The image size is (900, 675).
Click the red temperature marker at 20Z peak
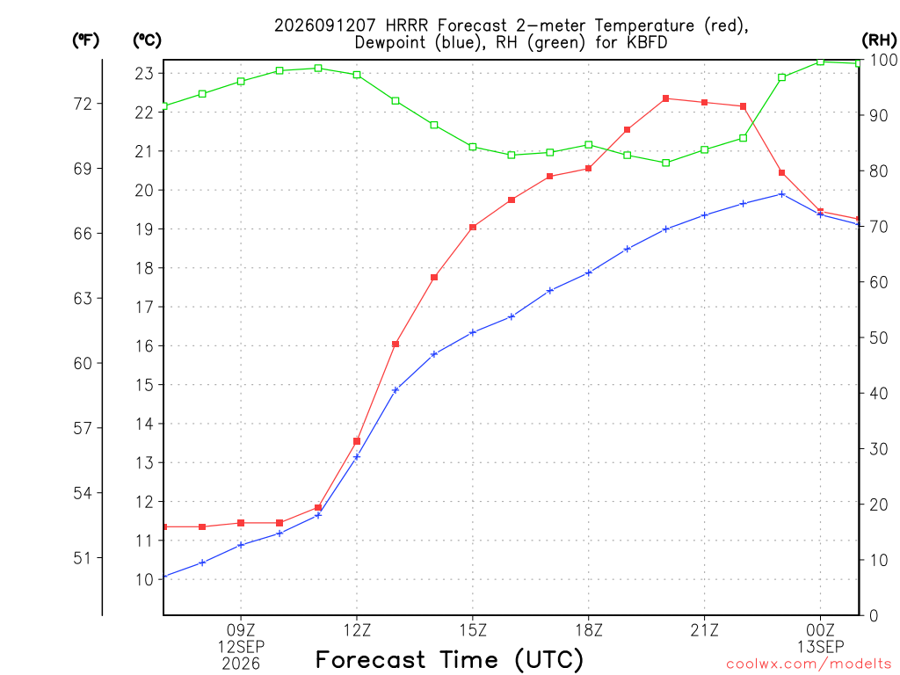tap(666, 98)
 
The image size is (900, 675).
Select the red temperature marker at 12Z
tap(357, 441)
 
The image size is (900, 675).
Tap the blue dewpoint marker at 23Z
tap(781, 194)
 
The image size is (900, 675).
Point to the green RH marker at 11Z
tap(318, 69)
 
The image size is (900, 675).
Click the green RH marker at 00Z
tap(820, 62)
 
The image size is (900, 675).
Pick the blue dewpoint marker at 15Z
tap(473, 332)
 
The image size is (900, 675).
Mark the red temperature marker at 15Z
tap(473, 228)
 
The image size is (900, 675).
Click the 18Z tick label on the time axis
tap(589, 630)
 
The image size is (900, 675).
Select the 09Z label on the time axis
tap(241, 630)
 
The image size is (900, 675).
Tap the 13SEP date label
tap(820, 647)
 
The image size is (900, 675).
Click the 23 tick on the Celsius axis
tap(144, 74)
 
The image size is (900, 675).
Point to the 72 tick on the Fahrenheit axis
tap(83, 104)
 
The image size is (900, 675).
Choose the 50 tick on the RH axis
tap(878, 338)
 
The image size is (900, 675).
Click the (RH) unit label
tap(879, 40)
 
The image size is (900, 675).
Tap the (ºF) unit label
tap(85, 40)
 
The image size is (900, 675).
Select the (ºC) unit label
tap(147, 40)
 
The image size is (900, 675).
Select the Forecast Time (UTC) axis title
tap(449, 660)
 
